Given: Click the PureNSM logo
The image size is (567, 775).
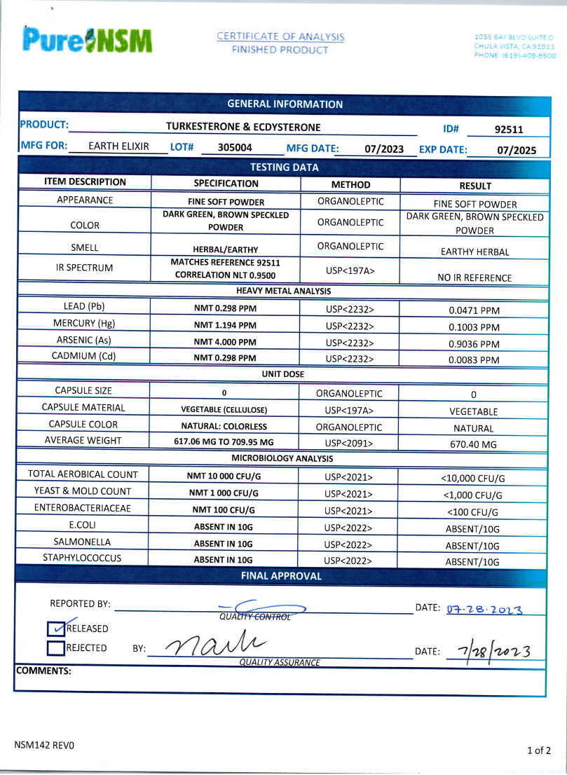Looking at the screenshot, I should [87, 41].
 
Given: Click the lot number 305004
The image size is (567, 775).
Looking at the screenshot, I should [235, 149].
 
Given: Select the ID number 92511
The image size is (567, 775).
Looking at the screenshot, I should [509, 129].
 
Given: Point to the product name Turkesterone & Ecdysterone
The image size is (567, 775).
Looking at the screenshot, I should [243, 127].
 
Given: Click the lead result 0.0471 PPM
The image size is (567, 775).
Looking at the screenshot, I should [474, 310].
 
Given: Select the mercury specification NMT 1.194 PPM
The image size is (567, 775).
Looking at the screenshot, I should [225, 325].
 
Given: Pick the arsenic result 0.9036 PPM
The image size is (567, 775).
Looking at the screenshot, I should [474, 344].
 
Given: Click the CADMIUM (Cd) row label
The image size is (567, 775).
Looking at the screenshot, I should [83, 356].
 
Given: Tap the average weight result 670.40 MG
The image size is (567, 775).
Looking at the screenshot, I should [474, 444].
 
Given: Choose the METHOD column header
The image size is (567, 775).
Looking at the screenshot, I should [350, 184].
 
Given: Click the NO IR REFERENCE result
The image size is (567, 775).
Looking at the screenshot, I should [474, 277].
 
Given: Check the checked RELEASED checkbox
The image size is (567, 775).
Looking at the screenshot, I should [56, 629].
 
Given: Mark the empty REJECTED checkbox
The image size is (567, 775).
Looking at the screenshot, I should [56, 648].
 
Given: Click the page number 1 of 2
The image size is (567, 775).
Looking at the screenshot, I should [538, 750].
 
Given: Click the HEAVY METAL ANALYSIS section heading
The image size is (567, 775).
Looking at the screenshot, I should [283, 291].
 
